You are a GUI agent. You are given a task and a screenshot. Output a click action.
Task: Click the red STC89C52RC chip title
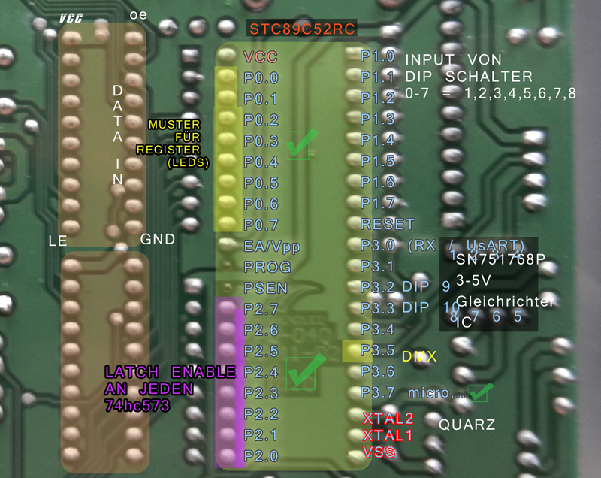[302, 29]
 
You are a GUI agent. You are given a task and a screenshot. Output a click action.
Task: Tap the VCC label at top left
[71, 16]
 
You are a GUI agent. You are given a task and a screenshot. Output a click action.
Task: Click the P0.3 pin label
[261, 141]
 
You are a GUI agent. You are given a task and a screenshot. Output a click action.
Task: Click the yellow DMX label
[418, 356]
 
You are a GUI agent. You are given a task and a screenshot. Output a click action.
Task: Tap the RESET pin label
[388, 224]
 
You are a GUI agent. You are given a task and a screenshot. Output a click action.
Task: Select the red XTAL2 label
[388, 419]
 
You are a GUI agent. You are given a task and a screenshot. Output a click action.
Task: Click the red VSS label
[380, 452]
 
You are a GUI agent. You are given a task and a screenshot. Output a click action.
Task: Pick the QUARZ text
[467, 425]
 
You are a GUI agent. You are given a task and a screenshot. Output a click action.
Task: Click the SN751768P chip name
[499, 259]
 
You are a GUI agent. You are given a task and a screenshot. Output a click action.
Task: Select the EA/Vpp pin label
[267, 245]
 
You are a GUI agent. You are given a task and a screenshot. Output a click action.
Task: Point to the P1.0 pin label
[377, 56]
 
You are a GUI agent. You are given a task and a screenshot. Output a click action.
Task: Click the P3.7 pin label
[377, 392]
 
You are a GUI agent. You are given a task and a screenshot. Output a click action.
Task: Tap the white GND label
[158, 239]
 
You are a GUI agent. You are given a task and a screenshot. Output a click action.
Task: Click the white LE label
[56, 241]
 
